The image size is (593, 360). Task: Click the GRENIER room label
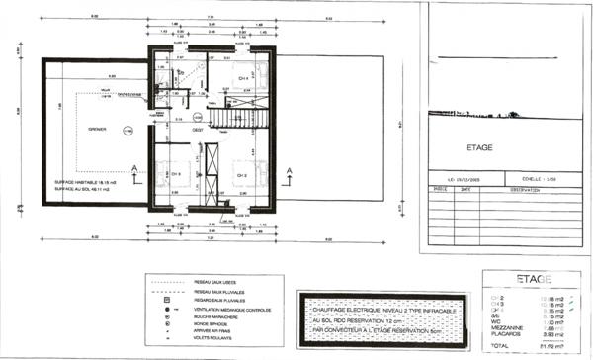(x=96, y=128)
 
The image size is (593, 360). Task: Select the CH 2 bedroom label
(x=240, y=174)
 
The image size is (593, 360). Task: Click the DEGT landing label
(x=198, y=130)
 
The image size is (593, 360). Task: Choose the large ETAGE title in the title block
(x=478, y=147)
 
